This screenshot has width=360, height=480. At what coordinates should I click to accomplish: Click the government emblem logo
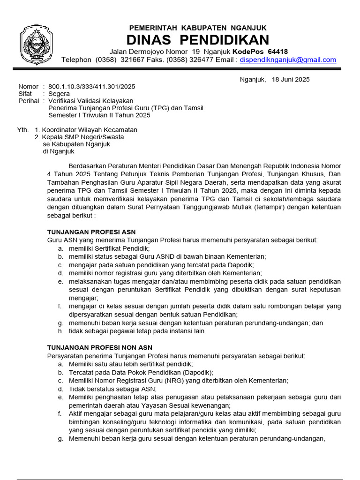click(x=35, y=45)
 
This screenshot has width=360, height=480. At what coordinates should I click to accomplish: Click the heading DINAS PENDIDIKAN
click(x=199, y=39)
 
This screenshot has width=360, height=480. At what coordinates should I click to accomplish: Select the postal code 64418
click(x=278, y=51)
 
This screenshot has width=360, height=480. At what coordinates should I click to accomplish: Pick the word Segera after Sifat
click(x=59, y=94)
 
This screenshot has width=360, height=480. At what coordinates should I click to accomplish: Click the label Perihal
click(x=29, y=101)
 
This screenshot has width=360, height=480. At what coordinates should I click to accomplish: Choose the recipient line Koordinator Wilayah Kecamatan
click(x=90, y=130)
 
